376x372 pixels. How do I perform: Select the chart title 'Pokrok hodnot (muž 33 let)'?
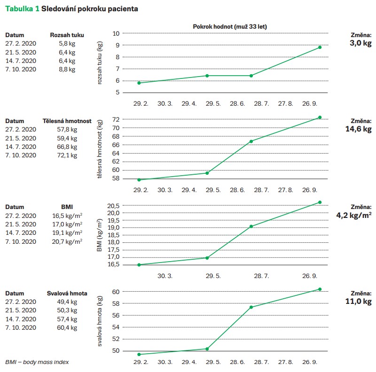click(x=230, y=26)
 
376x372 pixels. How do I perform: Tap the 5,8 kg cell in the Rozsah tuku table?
click(x=67, y=44)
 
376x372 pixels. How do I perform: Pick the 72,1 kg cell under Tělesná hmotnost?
click(x=67, y=155)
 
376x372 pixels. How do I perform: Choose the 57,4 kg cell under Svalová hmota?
click(x=67, y=318)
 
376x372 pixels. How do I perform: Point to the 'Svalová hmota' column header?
click(x=67, y=293)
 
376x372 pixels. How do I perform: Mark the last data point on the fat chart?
click(x=320, y=47)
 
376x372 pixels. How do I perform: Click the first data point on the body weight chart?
click(x=139, y=179)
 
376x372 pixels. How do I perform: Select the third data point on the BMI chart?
click(x=251, y=226)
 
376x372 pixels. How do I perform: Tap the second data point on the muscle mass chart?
click(x=207, y=349)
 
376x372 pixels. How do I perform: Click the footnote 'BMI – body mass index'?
click(x=34, y=362)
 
